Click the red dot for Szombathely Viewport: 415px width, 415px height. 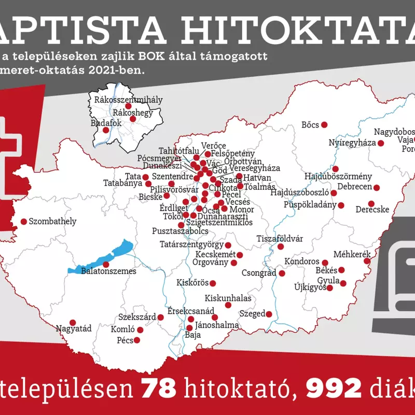(23, 222)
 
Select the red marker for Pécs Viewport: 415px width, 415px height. (137, 340)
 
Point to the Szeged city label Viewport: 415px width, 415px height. (252, 313)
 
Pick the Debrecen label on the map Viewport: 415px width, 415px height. (355, 187)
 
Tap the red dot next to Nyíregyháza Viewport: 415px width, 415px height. (381, 143)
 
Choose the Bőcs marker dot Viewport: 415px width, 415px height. (324, 125)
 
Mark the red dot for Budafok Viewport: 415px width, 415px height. (106, 130)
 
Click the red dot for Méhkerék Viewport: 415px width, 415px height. (367, 261)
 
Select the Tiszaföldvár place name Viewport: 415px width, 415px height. (280, 239)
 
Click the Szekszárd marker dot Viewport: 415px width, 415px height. (161, 317)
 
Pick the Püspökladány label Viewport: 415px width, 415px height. (310, 205)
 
